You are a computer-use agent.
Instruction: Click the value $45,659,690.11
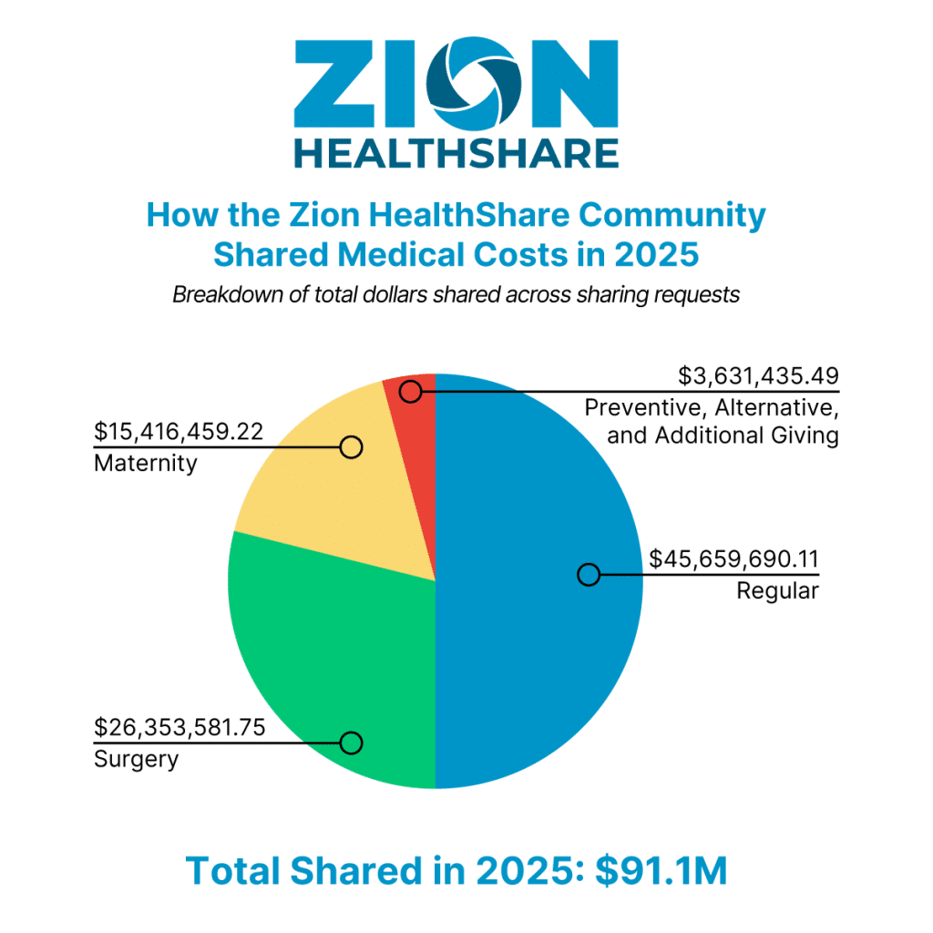tap(733, 559)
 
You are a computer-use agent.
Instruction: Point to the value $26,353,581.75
tap(179, 728)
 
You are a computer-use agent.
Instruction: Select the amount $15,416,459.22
tap(179, 432)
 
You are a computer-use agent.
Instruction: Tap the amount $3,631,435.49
tap(758, 375)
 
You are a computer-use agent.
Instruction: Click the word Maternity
tap(146, 463)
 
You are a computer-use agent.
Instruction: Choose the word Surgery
tap(137, 759)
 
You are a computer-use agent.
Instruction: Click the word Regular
tap(777, 591)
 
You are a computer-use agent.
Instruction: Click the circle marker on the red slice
tap(411, 392)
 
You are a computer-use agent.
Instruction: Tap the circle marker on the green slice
tap(352, 743)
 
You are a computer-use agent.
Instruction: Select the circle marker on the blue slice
tap(589, 574)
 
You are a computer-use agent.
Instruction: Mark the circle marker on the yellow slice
tap(352, 446)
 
